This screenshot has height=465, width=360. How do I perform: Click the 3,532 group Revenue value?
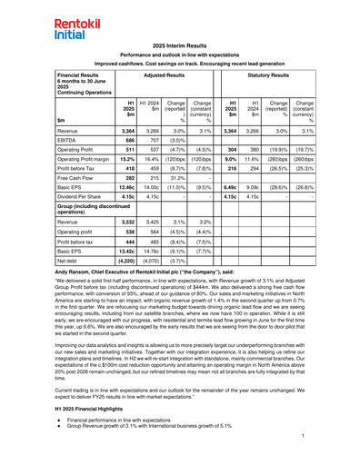[x=128, y=221]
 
